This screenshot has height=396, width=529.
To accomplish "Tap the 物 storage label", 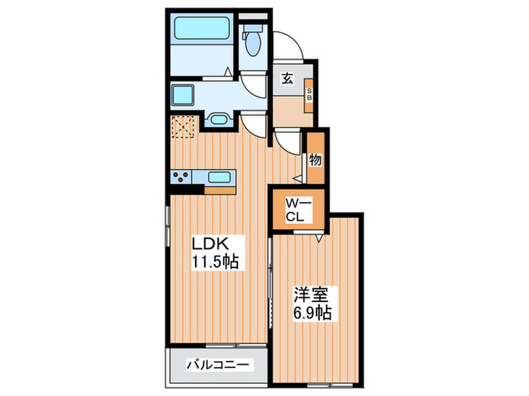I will (315, 159).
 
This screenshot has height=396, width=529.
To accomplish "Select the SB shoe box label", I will (309, 96).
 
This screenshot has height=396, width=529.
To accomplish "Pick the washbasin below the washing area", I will (218, 119).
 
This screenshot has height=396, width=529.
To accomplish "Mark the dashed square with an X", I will (184, 127).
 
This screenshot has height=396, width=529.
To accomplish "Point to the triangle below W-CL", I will (319, 238).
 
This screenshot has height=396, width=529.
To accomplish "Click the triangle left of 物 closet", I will (298, 178).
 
